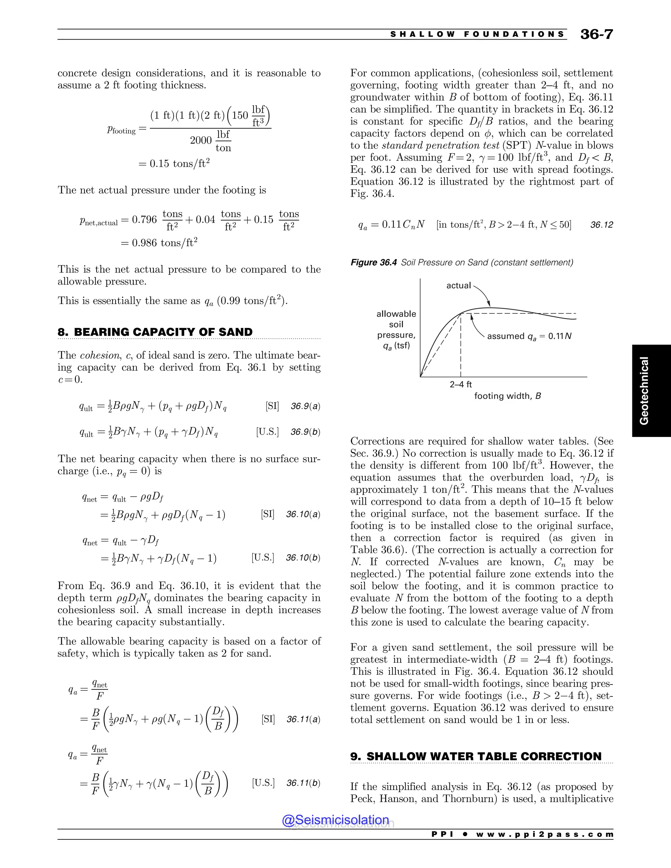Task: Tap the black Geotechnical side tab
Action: pos(651,391)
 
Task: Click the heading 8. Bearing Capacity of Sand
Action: pos(155,332)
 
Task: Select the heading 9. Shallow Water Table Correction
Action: pos(476,756)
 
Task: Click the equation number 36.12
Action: pos(602,225)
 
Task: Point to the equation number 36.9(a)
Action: pos(305,406)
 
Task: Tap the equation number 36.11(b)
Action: pos(303,783)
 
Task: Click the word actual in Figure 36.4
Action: pos(458,285)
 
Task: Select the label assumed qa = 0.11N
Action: pos(529,336)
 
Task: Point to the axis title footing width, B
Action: pos(507,396)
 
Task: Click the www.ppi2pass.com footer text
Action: pos(545,834)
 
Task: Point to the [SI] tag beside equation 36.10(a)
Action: pos(268,514)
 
